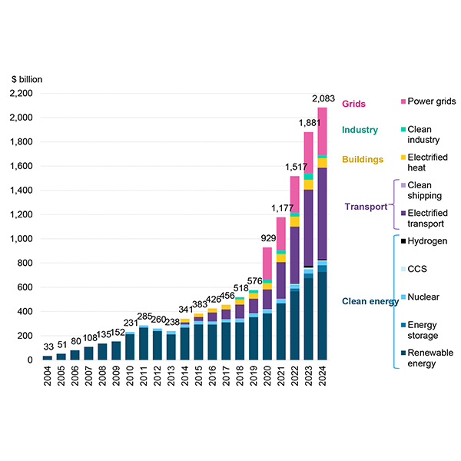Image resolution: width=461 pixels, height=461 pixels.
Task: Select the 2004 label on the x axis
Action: click(x=48, y=377)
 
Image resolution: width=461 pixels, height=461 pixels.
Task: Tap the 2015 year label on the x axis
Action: click(x=198, y=377)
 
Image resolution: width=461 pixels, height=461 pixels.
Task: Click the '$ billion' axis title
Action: click(x=28, y=79)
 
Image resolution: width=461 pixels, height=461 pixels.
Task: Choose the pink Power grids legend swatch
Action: click(x=404, y=102)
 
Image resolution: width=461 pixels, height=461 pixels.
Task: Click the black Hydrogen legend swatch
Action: click(x=404, y=241)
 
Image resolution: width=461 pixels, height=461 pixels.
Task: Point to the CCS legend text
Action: click(x=418, y=269)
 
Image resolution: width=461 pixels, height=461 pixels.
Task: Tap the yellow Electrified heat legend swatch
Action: click(x=404, y=158)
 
